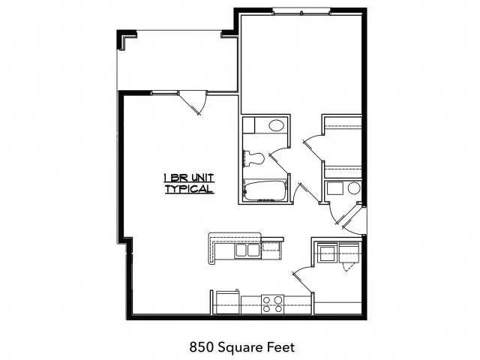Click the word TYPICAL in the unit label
189,189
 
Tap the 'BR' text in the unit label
178,178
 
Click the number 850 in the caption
200,347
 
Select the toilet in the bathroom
253,158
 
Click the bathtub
265,191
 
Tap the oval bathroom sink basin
276,125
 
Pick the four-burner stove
272,304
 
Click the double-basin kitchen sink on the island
247,250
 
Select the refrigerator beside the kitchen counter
228,302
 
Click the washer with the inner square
327,253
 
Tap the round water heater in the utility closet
354,188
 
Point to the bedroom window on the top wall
301,12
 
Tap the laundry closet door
302,279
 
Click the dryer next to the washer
349,253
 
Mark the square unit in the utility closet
334,188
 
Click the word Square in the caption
240,348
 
